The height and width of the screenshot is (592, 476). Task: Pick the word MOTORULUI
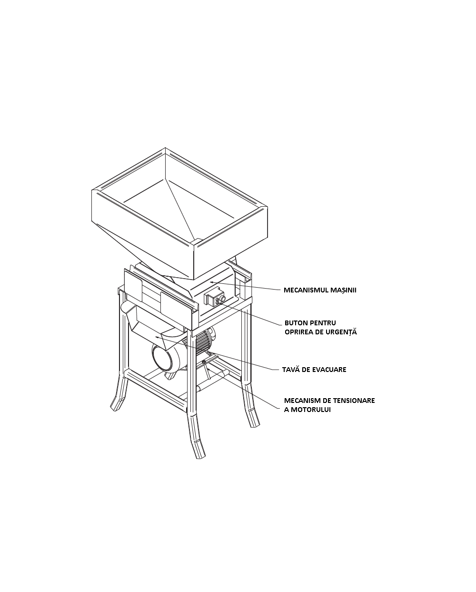coord(311,410)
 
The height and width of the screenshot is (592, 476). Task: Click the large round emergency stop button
coord(222,299)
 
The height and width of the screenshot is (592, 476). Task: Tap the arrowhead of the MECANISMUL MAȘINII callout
coord(212,282)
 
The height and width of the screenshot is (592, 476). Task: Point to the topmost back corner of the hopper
coord(165,148)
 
